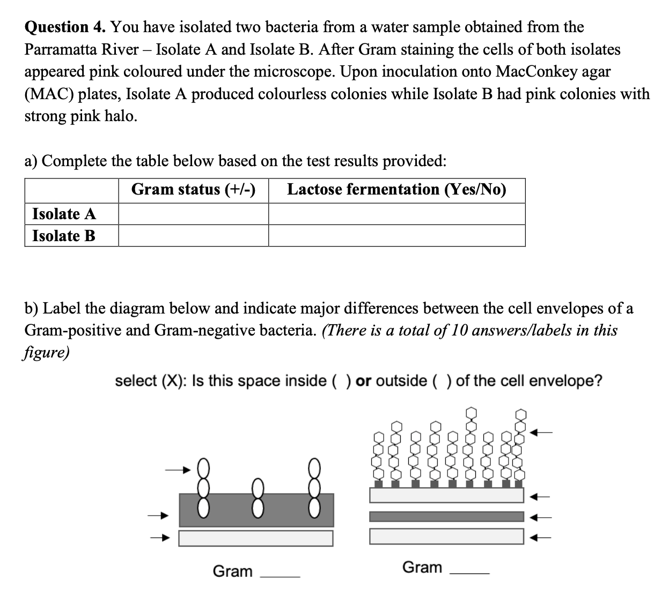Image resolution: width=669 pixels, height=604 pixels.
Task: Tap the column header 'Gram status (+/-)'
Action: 193,190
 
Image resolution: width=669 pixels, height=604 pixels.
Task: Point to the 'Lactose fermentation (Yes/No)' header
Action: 396,190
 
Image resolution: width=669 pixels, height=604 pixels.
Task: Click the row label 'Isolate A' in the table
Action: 64,214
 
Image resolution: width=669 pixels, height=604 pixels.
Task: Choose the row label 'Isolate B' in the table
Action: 64,236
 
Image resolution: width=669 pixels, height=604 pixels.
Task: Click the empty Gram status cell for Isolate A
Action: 193,214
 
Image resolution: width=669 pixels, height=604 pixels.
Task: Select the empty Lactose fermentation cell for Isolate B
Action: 396,236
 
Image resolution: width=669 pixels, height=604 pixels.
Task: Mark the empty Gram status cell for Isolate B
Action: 193,236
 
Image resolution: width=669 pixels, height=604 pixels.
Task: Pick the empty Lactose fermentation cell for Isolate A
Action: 396,214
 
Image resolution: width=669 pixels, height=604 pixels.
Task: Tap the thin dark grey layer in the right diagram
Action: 446,517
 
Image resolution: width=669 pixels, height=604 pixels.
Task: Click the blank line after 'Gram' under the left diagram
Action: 280,575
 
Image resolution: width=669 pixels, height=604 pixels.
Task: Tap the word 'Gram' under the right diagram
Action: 422,567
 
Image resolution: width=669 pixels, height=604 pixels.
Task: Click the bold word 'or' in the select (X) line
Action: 364,381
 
